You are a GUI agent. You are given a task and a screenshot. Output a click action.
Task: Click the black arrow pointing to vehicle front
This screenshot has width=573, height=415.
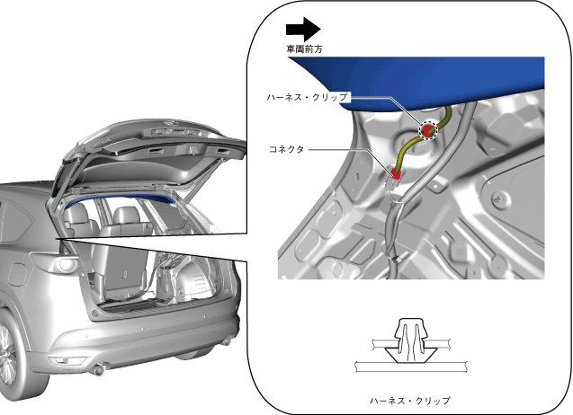pos(303,30)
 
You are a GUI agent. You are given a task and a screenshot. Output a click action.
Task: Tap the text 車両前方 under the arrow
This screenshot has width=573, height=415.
pos(304,49)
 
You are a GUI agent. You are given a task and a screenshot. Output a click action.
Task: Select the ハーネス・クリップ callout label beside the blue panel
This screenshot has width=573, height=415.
pos(307,97)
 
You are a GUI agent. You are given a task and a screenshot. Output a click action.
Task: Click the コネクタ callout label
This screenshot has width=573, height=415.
pos(286,149)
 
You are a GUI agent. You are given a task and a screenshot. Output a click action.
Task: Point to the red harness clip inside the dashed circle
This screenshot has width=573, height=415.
pos(427,130)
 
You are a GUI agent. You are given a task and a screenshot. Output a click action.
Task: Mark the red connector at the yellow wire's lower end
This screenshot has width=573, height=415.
pos(396,173)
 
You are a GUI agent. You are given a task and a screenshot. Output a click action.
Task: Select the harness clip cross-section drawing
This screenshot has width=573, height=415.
pos(411,346)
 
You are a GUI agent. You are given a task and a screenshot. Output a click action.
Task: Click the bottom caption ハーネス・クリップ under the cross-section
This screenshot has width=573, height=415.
pos(410,401)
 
